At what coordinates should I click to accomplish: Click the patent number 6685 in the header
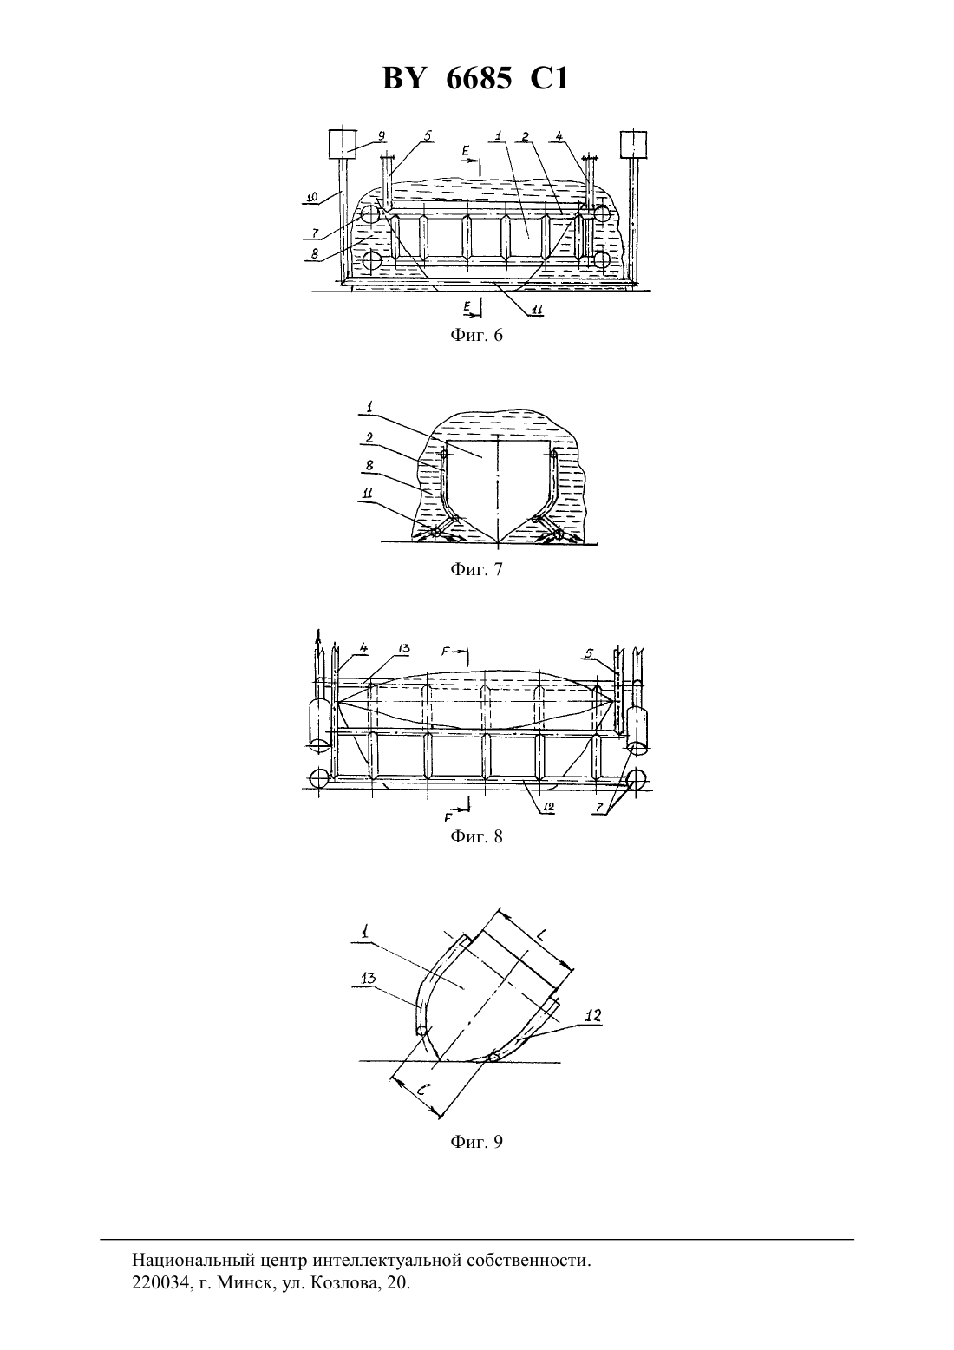[x=480, y=79]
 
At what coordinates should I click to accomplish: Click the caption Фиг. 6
[x=476, y=336]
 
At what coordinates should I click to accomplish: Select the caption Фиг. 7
[x=476, y=569]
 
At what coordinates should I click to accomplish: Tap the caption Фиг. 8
[x=476, y=836]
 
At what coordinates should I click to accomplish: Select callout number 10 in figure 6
[x=311, y=196]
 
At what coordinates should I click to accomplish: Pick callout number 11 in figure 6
[x=536, y=310]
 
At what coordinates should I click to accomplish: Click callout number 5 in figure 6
[x=427, y=136]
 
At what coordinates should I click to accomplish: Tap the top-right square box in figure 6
[x=634, y=145]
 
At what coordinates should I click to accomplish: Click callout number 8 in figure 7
[x=369, y=466]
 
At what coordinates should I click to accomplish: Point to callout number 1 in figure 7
[x=369, y=408]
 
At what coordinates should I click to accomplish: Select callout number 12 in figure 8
[x=549, y=806]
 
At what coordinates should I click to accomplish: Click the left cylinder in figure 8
[x=319, y=722]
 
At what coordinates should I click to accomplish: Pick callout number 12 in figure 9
[x=592, y=1015]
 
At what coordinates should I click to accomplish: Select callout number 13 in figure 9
[x=368, y=978]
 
